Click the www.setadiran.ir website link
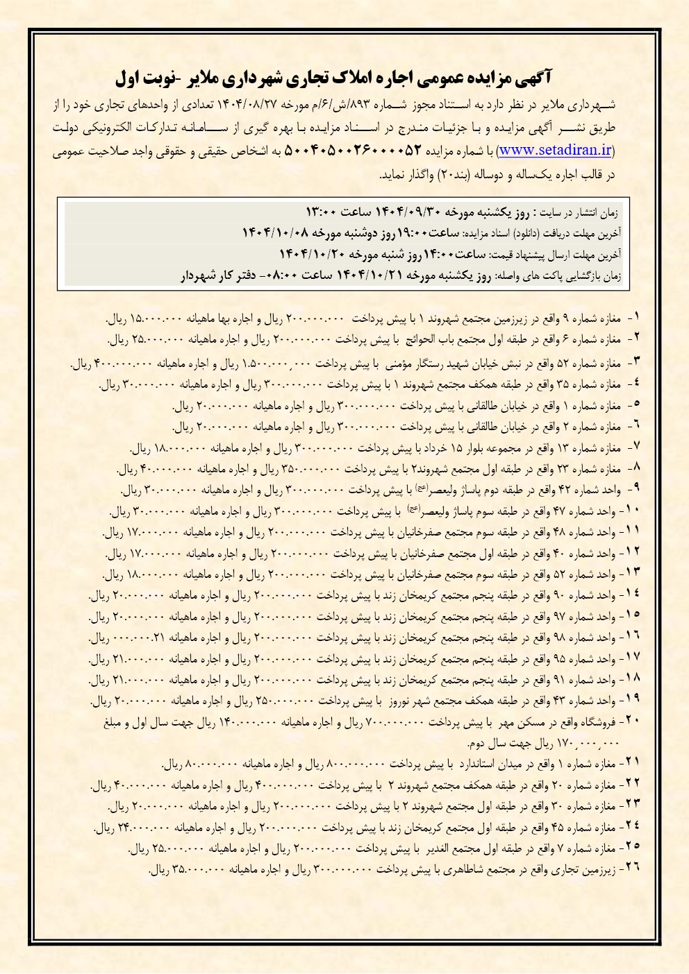(555, 149)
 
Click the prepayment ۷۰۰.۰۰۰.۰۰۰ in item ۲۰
(394, 723)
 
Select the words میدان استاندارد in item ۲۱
(485, 764)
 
